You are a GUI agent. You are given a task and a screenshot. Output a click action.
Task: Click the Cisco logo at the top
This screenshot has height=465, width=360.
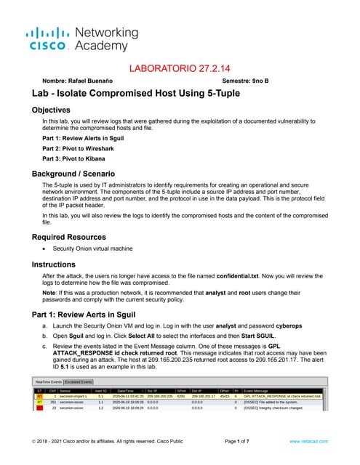click(x=48, y=38)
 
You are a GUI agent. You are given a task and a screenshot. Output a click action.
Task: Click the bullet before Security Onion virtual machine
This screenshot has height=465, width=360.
click(x=44, y=249)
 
